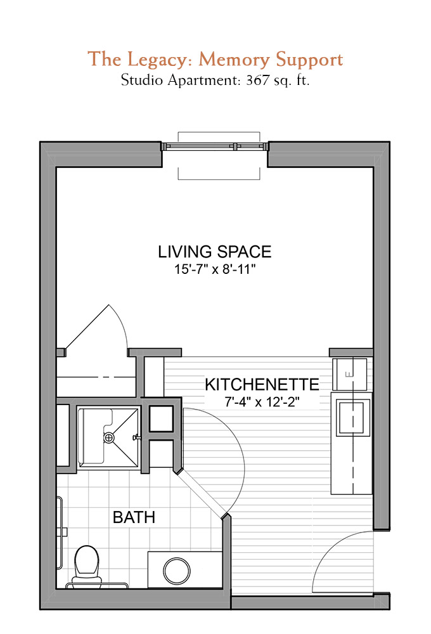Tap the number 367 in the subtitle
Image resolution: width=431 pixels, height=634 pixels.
pyautogui.click(x=257, y=80)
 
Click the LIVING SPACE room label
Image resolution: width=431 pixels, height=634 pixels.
pyautogui.click(x=214, y=252)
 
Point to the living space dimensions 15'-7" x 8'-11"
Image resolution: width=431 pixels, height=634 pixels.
pyautogui.click(x=215, y=269)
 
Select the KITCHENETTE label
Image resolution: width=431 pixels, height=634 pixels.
pyautogui.click(x=262, y=384)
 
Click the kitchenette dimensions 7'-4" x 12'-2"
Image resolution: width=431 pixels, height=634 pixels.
pyautogui.click(x=262, y=402)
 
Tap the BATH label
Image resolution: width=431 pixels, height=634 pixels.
pyautogui.click(x=134, y=517)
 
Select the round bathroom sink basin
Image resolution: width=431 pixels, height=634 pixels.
pyautogui.click(x=177, y=571)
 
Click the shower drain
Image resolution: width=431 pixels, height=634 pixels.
pyautogui.click(x=109, y=437)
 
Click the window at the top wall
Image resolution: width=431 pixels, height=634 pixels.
pyautogui.click(x=215, y=146)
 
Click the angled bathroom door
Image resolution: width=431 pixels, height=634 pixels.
pyautogui.click(x=202, y=493)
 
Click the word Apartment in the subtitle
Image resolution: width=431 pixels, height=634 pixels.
pyautogui.click(x=204, y=80)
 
